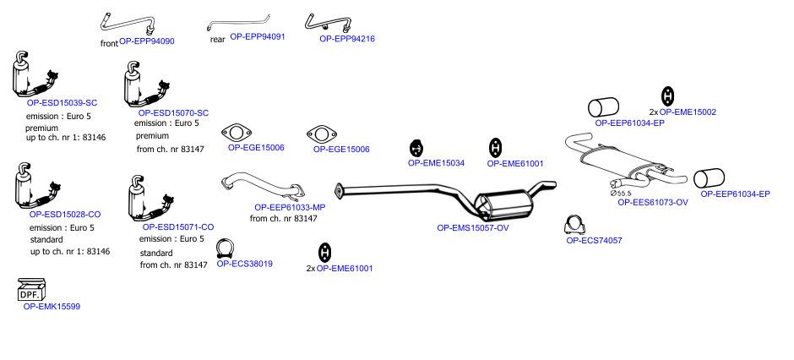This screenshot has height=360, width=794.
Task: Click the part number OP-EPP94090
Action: [x=147, y=41]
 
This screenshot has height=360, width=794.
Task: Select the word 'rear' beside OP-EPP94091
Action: [x=218, y=40]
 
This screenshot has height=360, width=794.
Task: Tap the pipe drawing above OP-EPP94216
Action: [x=328, y=22]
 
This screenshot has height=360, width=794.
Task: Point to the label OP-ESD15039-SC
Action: [x=62, y=103]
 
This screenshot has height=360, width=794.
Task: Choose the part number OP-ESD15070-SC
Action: [x=173, y=113]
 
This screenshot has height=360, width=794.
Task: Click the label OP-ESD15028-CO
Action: [x=65, y=214]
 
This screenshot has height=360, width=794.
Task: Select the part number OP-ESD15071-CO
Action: [x=178, y=227]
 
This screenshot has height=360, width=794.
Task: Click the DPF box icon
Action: [x=31, y=290]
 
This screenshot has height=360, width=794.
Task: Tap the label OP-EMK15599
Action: [x=52, y=306]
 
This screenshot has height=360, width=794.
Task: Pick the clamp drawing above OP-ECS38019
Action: [x=225, y=248]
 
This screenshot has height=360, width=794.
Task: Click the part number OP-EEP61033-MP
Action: [x=290, y=207]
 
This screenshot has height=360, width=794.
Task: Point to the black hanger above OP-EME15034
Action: [x=416, y=149]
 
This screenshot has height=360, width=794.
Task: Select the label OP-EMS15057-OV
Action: [x=473, y=228]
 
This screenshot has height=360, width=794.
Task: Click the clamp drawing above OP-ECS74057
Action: [x=574, y=225]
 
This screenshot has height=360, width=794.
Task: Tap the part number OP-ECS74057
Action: [x=594, y=241]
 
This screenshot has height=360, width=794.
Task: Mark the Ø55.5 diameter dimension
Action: [x=621, y=193]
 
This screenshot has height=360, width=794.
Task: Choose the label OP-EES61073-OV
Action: [x=653, y=202]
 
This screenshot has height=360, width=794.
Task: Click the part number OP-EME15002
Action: [x=688, y=112]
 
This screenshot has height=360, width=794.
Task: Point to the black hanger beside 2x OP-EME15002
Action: [x=668, y=96]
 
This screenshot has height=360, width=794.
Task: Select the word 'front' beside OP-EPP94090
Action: [x=109, y=44]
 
